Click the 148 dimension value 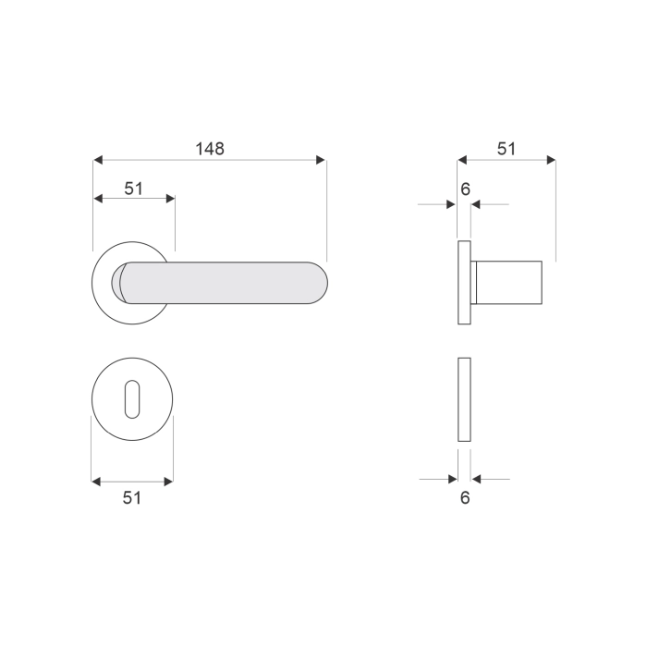click(x=210, y=149)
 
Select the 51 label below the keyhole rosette click(x=132, y=498)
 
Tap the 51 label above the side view click(x=507, y=149)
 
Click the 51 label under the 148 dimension click(x=134, y=189)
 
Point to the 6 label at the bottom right click(x=465, y=498)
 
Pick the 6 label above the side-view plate click(x=466, y=189)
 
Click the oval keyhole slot click(x=132, y=399)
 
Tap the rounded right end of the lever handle click(x=319, y=283)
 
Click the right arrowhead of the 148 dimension click(x=321, y=160)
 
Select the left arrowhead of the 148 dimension click(x=98, y=160)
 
